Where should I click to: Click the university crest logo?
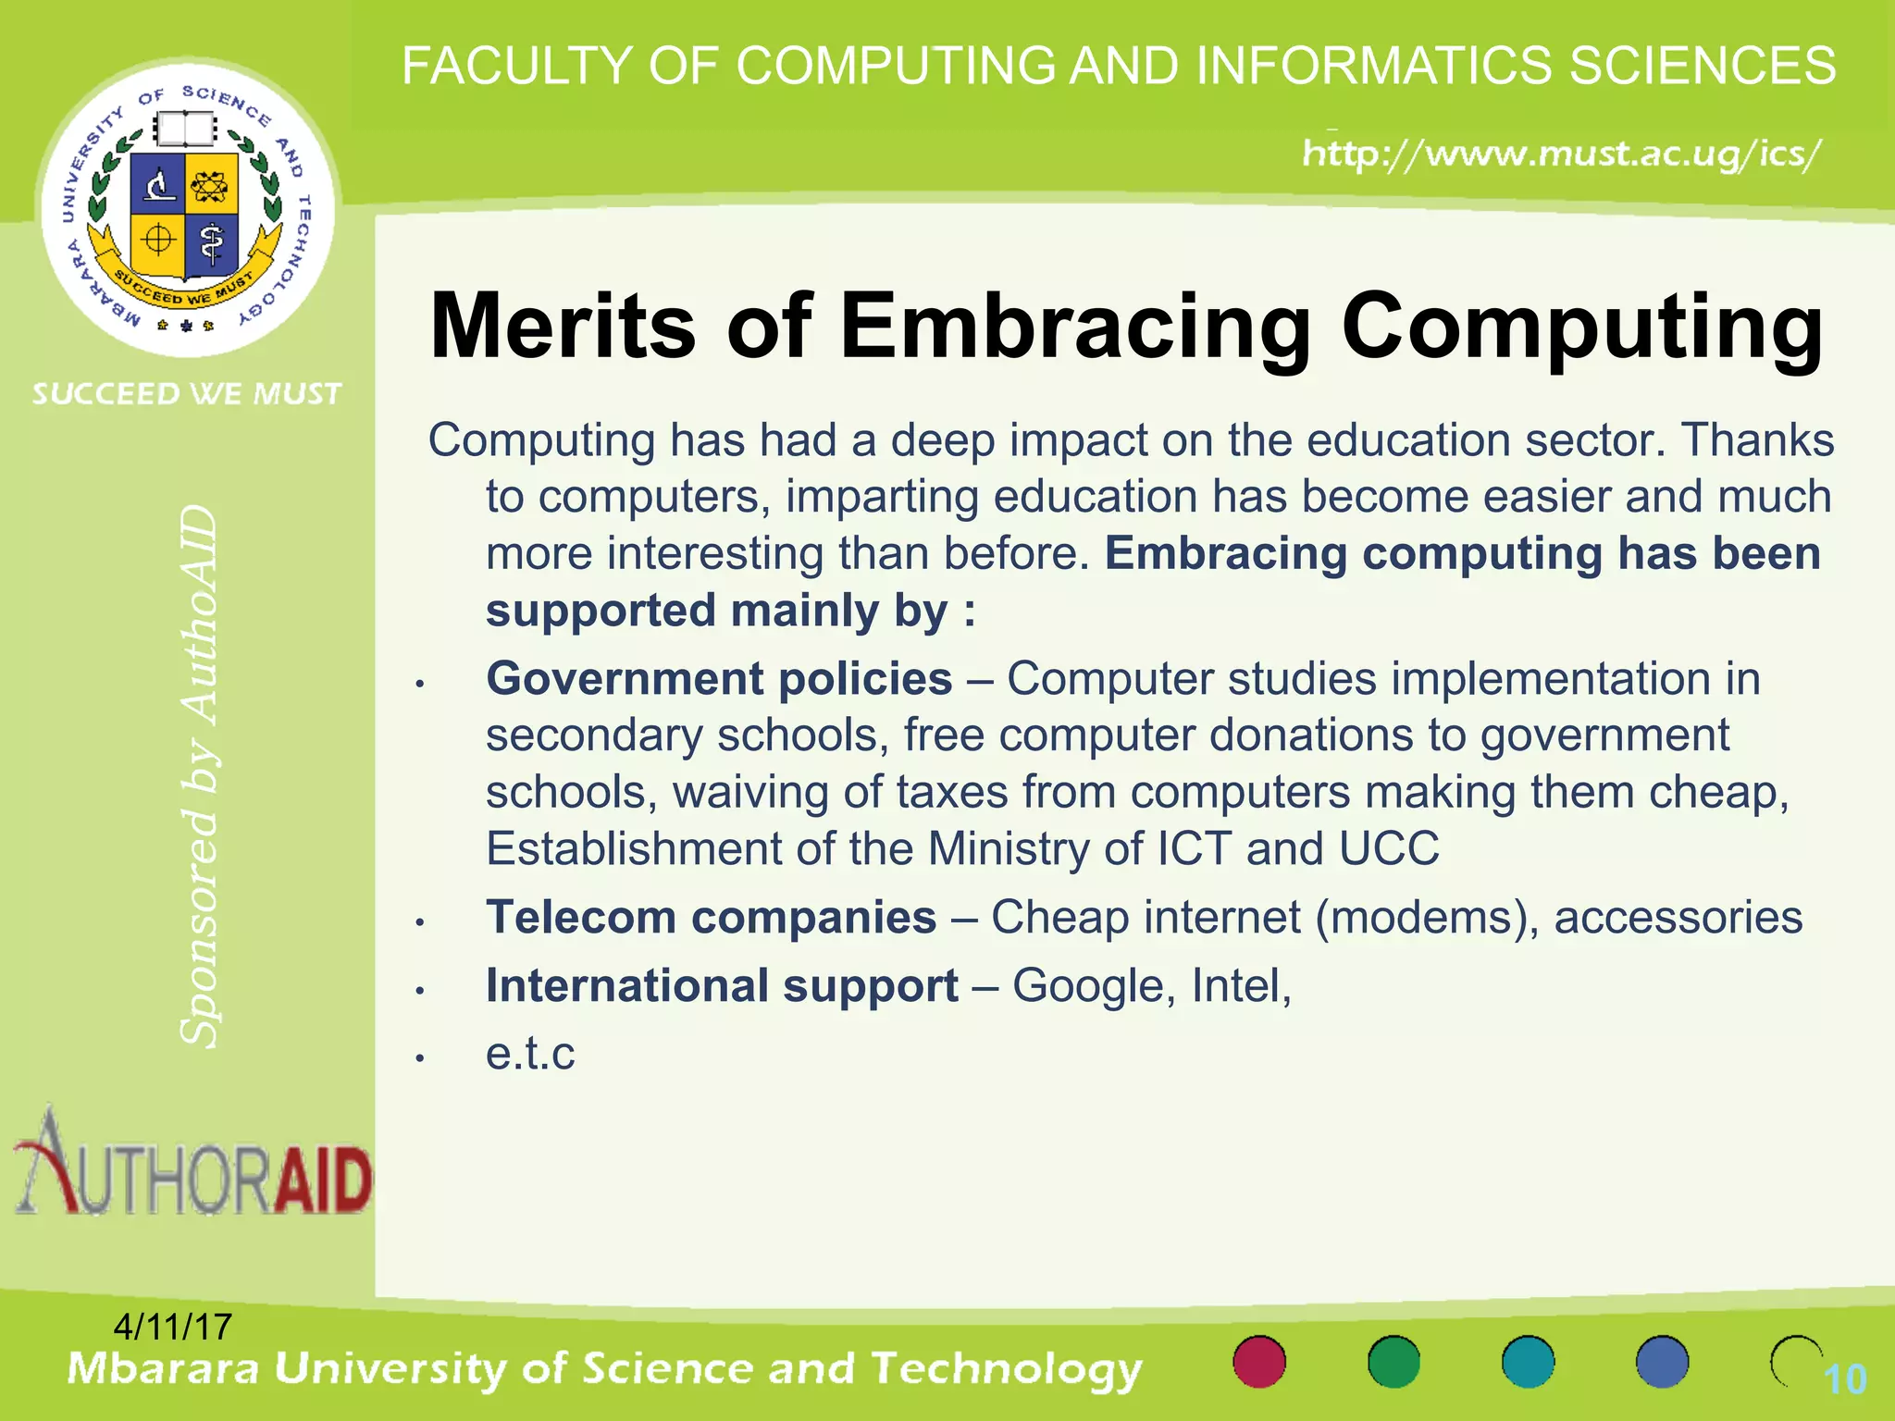click(x=187, y=207)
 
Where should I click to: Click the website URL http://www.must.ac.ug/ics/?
click(x=1562, y=153)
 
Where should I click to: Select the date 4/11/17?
click(x=172, y=1328)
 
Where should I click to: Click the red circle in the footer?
click(x=1259, y=1362)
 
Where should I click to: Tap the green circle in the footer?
click(x=1393, y=1362)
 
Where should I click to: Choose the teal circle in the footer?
click(x=1528, y=1362)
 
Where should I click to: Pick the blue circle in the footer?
click(x=1662, y=1362)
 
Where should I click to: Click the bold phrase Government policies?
click(x=719, y=679)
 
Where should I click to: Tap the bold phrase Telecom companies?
click(x=712, y=918)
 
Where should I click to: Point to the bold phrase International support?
click(x=722, y=986)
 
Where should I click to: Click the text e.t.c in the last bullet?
click(x=530, y=1054)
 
